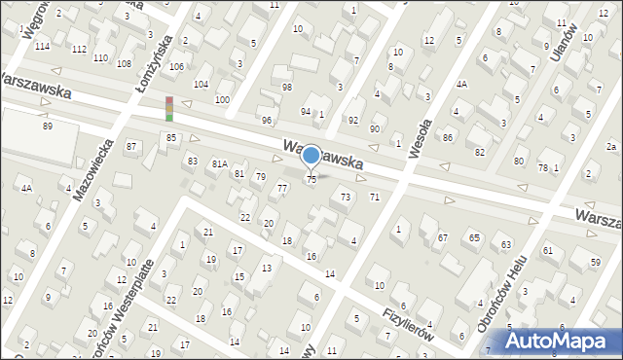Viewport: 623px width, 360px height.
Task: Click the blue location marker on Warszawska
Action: [x=311, y=155]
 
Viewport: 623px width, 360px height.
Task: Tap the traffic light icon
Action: [x=169, y=109]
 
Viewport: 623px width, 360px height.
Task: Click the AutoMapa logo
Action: [x=561, y=342]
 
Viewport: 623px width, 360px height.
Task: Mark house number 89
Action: [x=47, y=126]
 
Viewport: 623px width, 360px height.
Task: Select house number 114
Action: [x=42, y=47]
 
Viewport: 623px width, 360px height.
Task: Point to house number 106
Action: [x=176, y=66]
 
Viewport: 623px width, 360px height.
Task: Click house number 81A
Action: [x=220, y=164]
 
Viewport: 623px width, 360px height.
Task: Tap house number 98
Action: [x=286, y=88]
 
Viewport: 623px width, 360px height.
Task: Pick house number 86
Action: [x=448, y=137]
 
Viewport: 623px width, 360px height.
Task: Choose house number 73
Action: [x=345, y=197]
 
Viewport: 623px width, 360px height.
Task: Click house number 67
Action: [x=442, y=237]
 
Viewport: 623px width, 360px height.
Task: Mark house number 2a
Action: [x=611, y=146]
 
